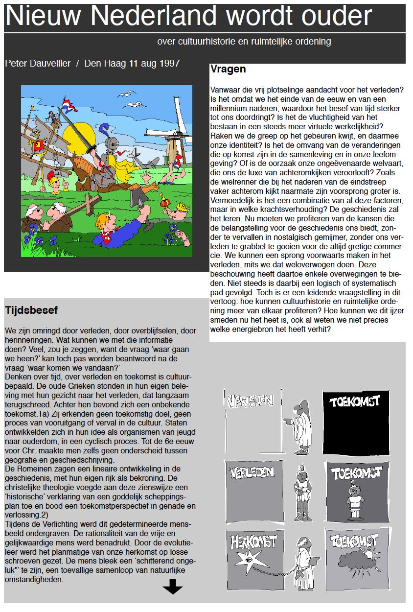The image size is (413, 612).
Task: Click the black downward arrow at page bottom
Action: click(172, 587)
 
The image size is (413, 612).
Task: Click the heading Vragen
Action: click(228, 70)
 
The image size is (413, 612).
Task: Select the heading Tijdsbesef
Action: click(31, 310)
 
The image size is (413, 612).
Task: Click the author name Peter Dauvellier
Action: click(38, 64)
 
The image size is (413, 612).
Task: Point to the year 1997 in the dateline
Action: click(169, 64)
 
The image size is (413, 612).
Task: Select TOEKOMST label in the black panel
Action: click(355, 402)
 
